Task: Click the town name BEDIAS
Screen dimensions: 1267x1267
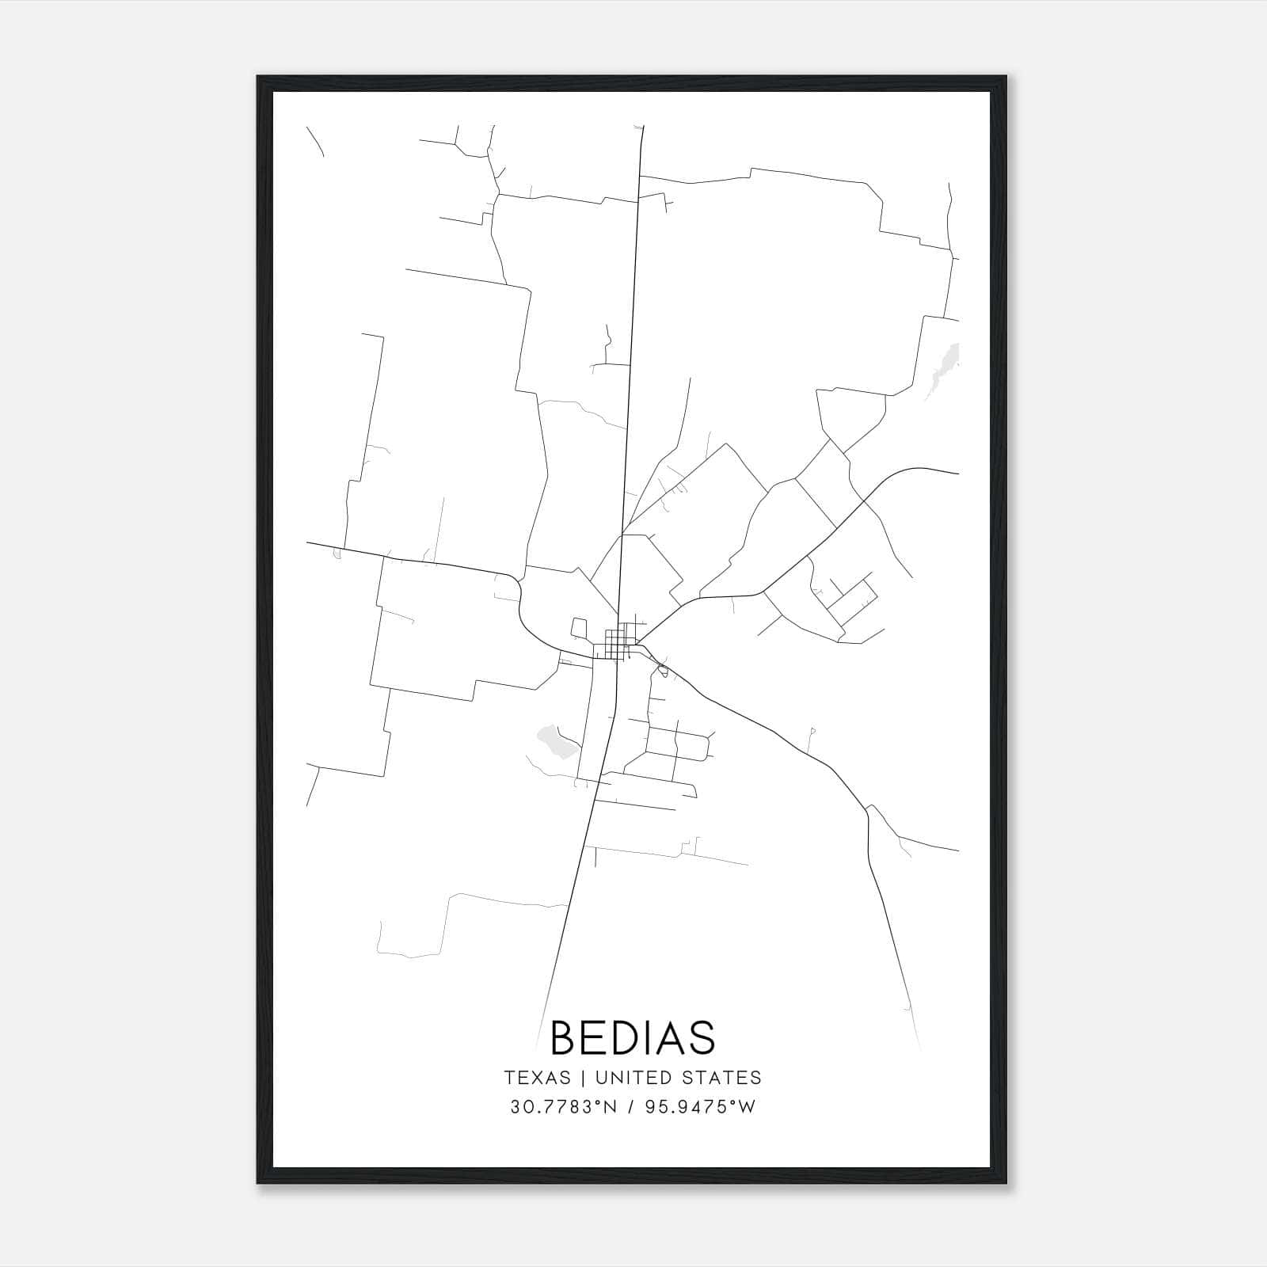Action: (x=633, y=1037)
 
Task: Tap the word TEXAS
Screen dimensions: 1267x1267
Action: (x=537, y=1078)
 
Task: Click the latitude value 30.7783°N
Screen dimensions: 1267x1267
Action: (x=563, y=1107)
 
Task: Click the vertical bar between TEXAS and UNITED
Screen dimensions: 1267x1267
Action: (x=583, y=1078)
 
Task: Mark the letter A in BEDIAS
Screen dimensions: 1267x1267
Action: (x=669, y=1037)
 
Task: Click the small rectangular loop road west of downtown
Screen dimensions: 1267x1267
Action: (x=579, y=629)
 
